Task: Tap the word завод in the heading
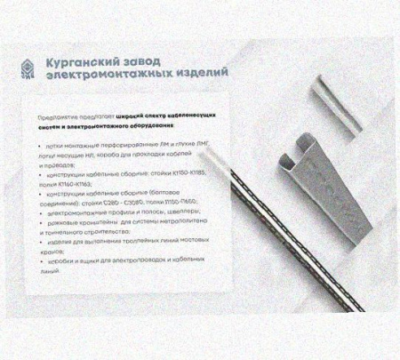[148, 60]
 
